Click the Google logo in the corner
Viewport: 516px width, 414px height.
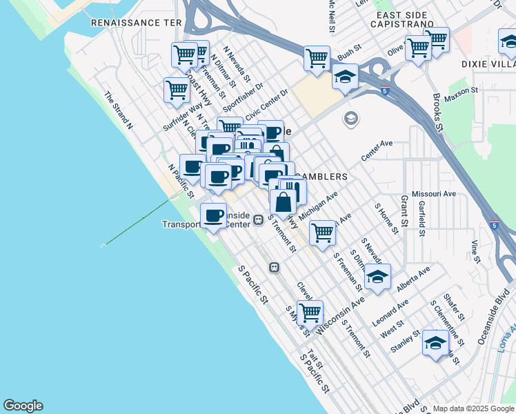23,406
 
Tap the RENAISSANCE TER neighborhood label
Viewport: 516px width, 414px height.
137,23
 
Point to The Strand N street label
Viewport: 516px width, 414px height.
118,110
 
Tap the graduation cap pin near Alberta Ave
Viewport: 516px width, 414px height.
377,277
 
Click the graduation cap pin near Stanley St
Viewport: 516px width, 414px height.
435,342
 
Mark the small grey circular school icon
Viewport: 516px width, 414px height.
351,119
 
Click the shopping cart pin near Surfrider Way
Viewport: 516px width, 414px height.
177,89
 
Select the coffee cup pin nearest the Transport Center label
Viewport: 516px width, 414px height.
213,216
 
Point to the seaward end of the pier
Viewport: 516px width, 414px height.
103,244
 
